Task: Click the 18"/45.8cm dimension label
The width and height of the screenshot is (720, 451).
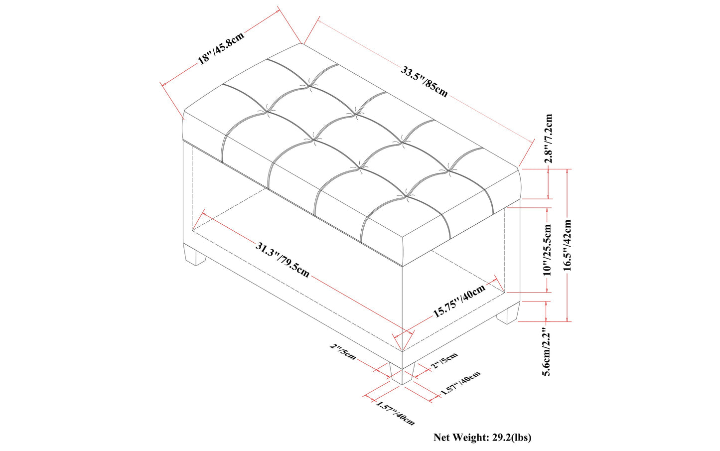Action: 221,48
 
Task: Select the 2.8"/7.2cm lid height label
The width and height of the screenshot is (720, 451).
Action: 548,139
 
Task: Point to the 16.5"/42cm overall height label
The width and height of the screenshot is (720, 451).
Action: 567,245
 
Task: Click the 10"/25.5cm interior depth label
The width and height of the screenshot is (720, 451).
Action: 548,250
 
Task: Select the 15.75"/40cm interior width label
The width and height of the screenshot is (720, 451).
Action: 458,301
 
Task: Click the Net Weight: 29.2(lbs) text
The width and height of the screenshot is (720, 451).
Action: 482,438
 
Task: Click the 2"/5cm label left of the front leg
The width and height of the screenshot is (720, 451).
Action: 343,352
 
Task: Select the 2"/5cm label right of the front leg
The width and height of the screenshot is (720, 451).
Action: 444,361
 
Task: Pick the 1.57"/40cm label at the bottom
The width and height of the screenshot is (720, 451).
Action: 395,413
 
